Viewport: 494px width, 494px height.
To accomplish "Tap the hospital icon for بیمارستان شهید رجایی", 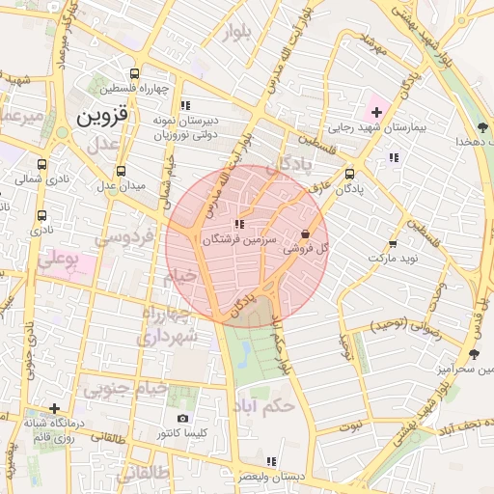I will [x=376, y=114].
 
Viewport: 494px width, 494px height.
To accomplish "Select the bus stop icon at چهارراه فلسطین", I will [x=134, y=73].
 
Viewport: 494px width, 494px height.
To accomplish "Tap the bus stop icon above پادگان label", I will [x=348, y=175].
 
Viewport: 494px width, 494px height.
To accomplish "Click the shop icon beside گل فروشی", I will [x=306, y=233].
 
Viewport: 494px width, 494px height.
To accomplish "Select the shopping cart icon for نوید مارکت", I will [x=392, y=245].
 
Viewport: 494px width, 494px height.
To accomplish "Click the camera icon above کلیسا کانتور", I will [x=183, y=419].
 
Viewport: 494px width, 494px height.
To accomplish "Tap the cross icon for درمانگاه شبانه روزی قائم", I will [x=55, y=409].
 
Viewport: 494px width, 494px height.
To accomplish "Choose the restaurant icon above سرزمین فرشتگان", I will [x=240, y=224].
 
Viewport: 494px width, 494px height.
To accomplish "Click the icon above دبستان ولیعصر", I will [x=271, y=461].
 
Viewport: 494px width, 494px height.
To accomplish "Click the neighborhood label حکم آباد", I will [x=262, y=406].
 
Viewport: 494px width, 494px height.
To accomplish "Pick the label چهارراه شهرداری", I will [x=168, y=327].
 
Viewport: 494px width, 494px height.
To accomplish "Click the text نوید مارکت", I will [x=392, y=261].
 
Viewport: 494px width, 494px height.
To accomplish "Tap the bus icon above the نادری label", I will [x=41, y=216].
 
